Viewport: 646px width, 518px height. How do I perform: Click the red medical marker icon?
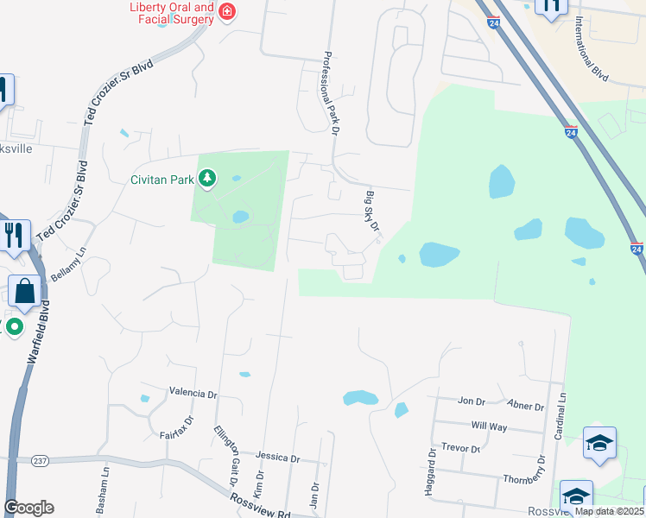click(226, 12)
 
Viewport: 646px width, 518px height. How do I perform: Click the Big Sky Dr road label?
click(373, 212)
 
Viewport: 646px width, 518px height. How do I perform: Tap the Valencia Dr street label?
click(193, 393)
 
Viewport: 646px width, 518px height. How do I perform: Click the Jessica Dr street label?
click(278, 458)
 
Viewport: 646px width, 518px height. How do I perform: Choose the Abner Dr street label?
click(526, 407)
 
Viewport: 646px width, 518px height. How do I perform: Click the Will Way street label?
click(489, 426)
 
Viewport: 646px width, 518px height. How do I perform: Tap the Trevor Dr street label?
click(459, 448)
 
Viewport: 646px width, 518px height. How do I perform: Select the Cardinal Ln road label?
click(560, 414)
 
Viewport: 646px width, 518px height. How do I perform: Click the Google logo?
click(28, 508)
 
